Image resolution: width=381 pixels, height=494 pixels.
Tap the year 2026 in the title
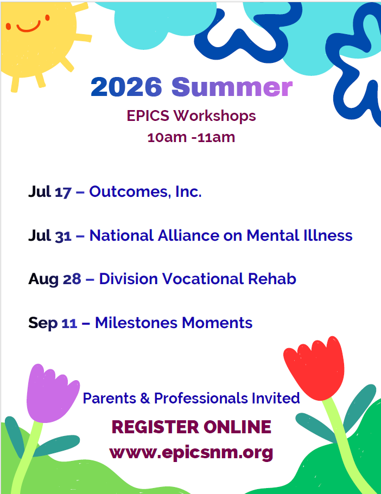tap(126, 87)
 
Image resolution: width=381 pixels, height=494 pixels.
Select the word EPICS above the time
tap(148, 116)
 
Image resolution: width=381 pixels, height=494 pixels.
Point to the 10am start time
tap(167, 137)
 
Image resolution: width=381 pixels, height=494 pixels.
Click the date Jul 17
tap(50, 192)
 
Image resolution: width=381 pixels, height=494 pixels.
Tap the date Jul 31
tap(50, 236)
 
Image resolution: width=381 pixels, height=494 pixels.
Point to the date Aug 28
tap(55, 279)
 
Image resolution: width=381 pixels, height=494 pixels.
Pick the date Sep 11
tap(53, 323)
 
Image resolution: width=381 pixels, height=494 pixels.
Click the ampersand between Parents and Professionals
tap(145, 398)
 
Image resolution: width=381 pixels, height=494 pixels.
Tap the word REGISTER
tap(155, 427)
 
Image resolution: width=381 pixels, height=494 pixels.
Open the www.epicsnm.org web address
tap(191, 453)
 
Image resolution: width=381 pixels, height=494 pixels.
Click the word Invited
tap(276, 398)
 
